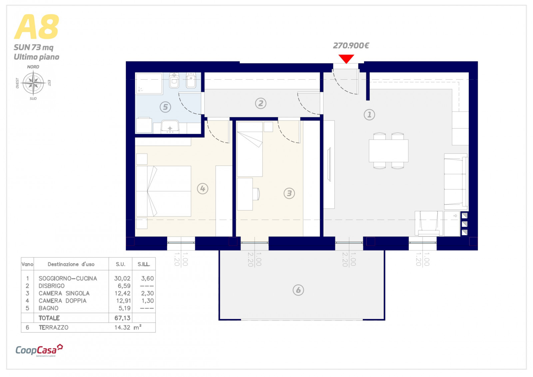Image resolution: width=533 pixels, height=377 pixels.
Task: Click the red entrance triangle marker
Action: click(x=346, y=59)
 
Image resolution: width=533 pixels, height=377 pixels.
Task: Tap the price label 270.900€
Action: click(x=351, y=45)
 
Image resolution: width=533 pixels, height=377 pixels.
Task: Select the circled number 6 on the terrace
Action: click(x=298, y=290)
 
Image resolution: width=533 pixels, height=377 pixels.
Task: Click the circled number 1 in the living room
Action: click(x=369, y=115)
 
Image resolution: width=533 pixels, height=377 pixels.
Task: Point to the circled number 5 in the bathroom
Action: click(x=165, y=107)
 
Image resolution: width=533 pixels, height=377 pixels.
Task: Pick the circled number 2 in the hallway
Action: click(x=261, y=103)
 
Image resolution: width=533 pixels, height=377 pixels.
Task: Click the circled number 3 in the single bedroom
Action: click(x=289, y=193)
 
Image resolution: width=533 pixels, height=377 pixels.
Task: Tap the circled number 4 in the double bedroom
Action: click(x=203, y=188)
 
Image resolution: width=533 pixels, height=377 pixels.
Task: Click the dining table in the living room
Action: click(x=388, y=151)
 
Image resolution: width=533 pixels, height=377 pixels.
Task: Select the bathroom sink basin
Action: click(x=170, y=126)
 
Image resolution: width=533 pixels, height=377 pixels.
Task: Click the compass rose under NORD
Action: click(x=33, y=83)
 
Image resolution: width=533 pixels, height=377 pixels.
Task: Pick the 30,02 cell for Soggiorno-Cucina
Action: click(x=122, y=278)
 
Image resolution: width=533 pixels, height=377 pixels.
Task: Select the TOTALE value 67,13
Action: click(x=122, y=318)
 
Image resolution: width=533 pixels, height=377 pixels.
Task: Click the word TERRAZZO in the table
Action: click(x=54, y=327)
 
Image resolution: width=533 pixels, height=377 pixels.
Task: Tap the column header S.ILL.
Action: click(x=144, y=264)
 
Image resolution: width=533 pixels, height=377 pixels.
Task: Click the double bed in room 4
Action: click(x=164, y=191)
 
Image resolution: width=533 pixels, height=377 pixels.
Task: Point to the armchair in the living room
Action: click(x=429, y=223)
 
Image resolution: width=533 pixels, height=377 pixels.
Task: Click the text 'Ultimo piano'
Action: click(x=36, y=57)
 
